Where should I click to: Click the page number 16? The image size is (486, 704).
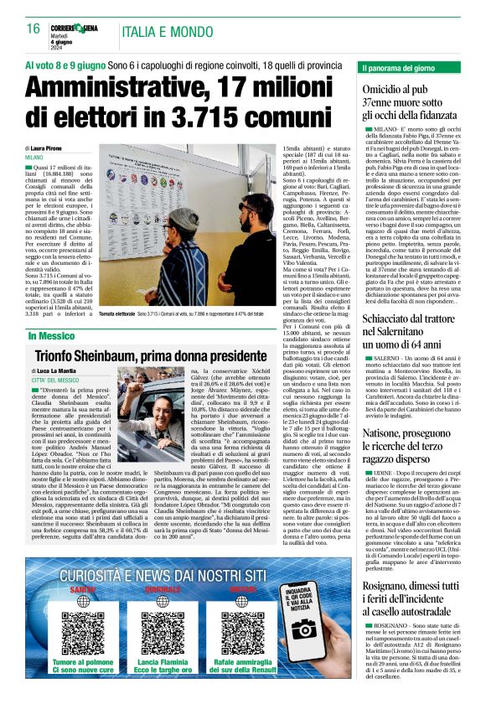tap(34, 28)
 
